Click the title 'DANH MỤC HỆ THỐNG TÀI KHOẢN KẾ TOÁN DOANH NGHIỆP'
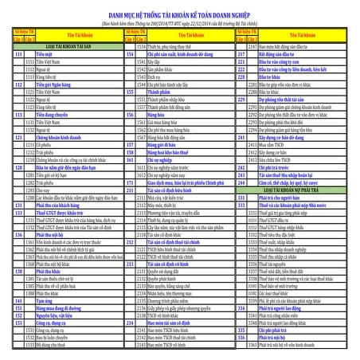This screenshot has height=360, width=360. [180, 14]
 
